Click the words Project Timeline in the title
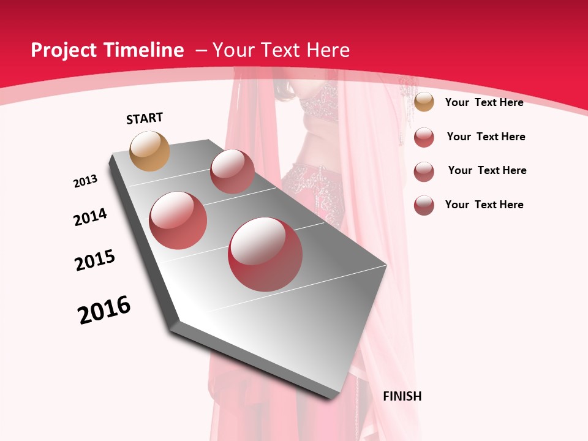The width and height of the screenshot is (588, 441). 107,50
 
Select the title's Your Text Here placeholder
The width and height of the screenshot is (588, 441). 281,50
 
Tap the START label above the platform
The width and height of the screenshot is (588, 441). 145,118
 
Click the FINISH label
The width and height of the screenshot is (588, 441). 402,396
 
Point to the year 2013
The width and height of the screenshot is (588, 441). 85,181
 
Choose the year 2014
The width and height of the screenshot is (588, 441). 90,217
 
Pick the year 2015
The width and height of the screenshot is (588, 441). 95,260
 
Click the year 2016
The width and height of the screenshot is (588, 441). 104,309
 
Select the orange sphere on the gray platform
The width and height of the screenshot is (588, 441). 150,151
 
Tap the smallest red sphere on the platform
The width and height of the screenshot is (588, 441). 232,171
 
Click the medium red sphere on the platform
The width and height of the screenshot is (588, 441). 178,220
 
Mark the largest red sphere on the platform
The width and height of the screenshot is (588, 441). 265,254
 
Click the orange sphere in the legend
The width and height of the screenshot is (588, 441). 424,102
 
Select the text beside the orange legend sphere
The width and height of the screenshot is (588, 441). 484,102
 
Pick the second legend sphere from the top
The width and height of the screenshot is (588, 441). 424,137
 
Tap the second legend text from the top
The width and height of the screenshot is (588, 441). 486,137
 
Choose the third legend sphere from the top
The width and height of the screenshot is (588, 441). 424,171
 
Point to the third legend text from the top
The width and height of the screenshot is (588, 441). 487,170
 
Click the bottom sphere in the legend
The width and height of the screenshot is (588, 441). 424,205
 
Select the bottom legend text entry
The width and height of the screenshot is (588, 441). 484,205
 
